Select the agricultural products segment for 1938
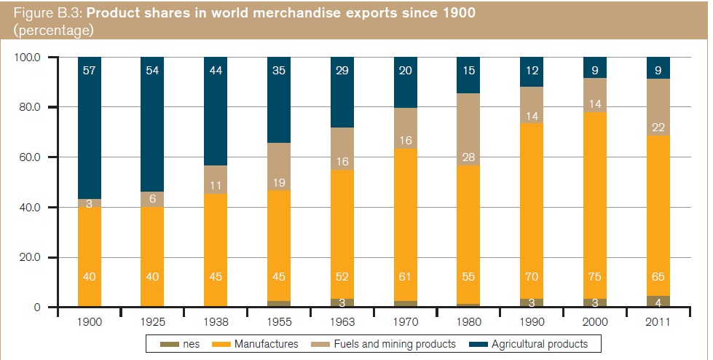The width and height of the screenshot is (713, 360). pos(217,109)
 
